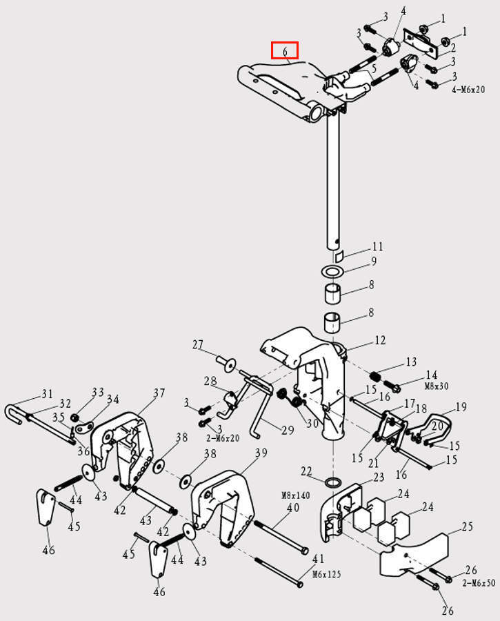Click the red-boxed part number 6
click(284, 51)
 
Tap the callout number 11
click(377, 246)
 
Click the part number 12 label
click(380, 339)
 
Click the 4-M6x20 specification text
click(468, 90)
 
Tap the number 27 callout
click(199, 344)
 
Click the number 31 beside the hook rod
click(46, 394)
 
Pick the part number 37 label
click(159, 393)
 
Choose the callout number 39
click(261, 453)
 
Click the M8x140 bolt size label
click(295, 495)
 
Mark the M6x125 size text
click(327, 574)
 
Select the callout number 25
click(467, 527)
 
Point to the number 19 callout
click(461, 407)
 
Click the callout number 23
click(378, 477)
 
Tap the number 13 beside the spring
click(411, 362)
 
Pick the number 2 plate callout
click(452, 47)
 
